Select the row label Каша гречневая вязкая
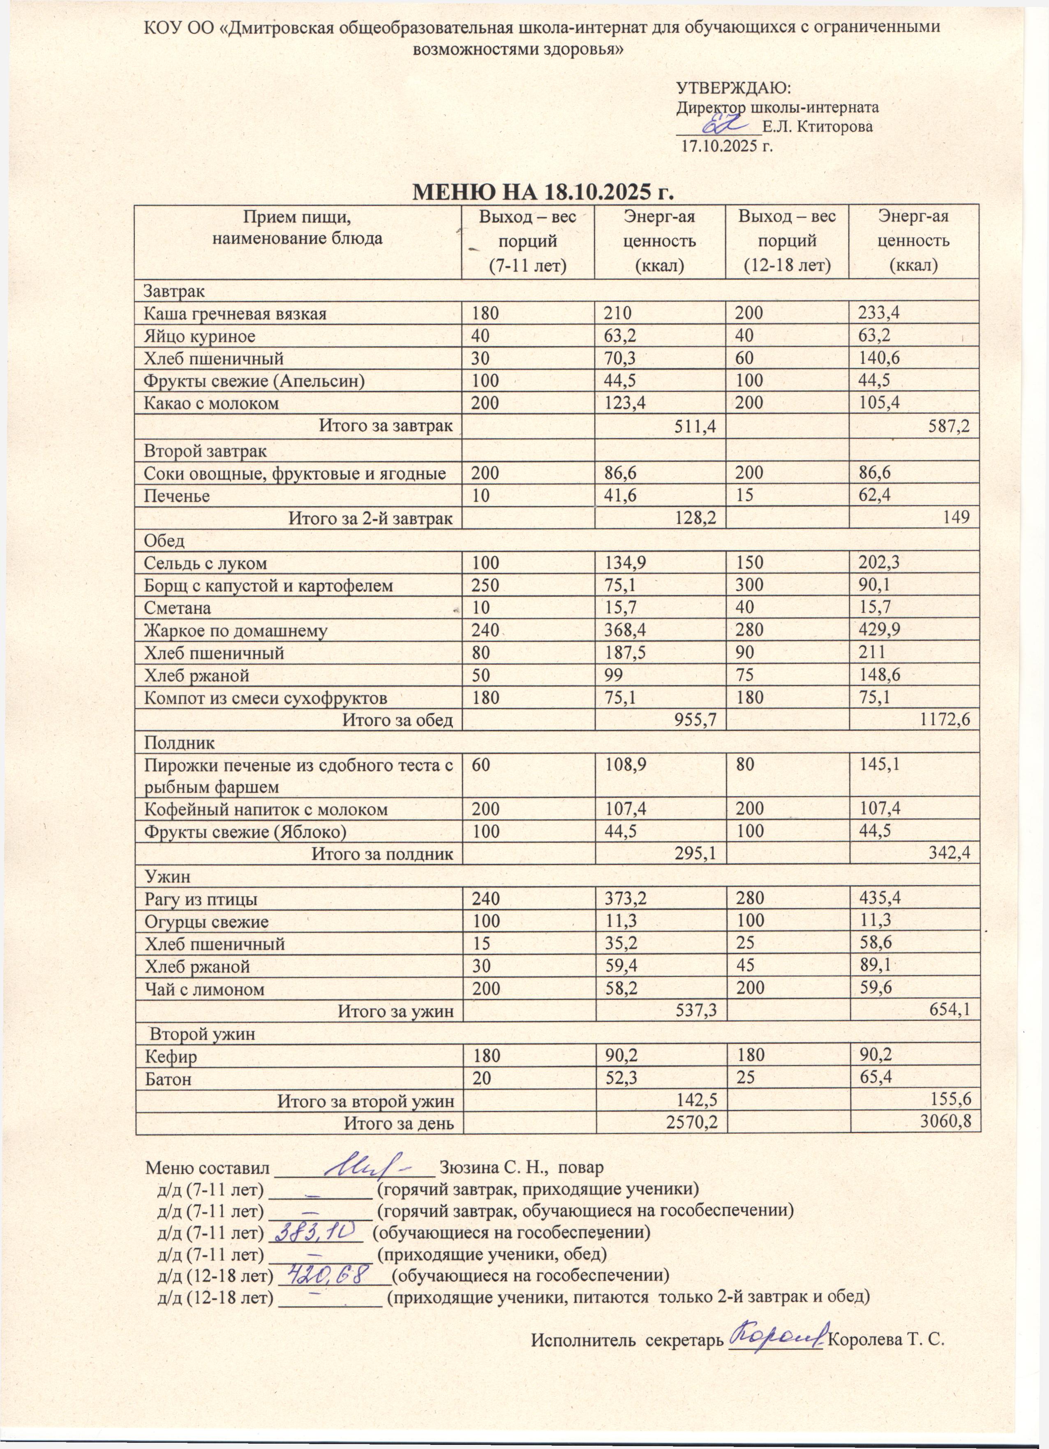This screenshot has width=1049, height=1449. [235, 314]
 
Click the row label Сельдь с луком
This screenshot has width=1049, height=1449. [206, 563]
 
